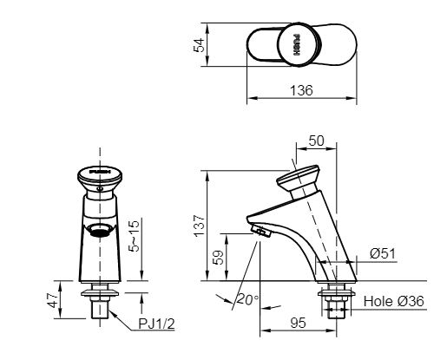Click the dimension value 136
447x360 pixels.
point(302,90)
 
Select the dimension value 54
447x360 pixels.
point(198,46)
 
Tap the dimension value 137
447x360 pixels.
point(199,226)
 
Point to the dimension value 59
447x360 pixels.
point(218,258)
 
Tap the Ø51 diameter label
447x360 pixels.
point(381,254)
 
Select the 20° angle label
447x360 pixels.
point(247,300)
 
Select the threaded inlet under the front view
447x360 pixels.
point(98,304)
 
